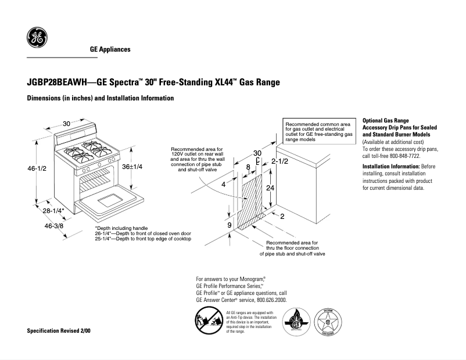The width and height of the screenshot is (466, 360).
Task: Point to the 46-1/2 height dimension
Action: click(37, 168)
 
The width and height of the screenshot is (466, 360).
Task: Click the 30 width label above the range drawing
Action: click(67, 124)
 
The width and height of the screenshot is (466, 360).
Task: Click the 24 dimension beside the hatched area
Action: click(270, 188)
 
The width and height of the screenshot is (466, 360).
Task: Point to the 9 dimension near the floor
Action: click(230, 225)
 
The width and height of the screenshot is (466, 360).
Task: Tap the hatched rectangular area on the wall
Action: click(253, 200)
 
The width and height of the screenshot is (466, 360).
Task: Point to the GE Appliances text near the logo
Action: click(110, 49)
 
